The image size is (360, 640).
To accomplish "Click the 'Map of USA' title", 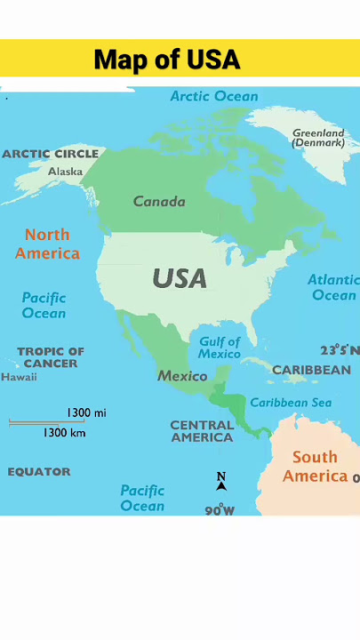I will [x=167, y=60].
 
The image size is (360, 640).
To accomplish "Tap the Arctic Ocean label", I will [x=214, y=96].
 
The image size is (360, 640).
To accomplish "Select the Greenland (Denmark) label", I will [x=318, y=138].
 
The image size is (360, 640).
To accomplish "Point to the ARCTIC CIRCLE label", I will [x=51, y=154].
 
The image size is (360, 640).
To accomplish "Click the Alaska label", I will [x=66, y=171].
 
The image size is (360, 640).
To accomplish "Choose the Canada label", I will [x=159, y=201].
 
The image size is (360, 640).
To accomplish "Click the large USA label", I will [x=180, y=278].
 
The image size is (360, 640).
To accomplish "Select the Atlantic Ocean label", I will [x=332, y=287].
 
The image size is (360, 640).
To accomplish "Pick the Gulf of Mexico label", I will [x=220, y=348].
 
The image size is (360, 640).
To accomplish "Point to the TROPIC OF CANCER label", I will [x=51, y=357].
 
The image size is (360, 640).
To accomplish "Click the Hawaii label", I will [x=19, y=377].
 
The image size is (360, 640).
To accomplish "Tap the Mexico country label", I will [x=182, y=376].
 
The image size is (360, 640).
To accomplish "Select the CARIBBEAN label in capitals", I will [x=311, y=370].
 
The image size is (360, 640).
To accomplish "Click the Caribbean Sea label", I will [x=290, y=403].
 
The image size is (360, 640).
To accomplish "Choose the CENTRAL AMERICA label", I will [x=202, y=431].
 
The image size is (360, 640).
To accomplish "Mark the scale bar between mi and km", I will [x=46, y=422].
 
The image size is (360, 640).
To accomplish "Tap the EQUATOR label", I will [x=39, y=472].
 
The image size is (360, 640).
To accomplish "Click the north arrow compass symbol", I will [x=221, y=481].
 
